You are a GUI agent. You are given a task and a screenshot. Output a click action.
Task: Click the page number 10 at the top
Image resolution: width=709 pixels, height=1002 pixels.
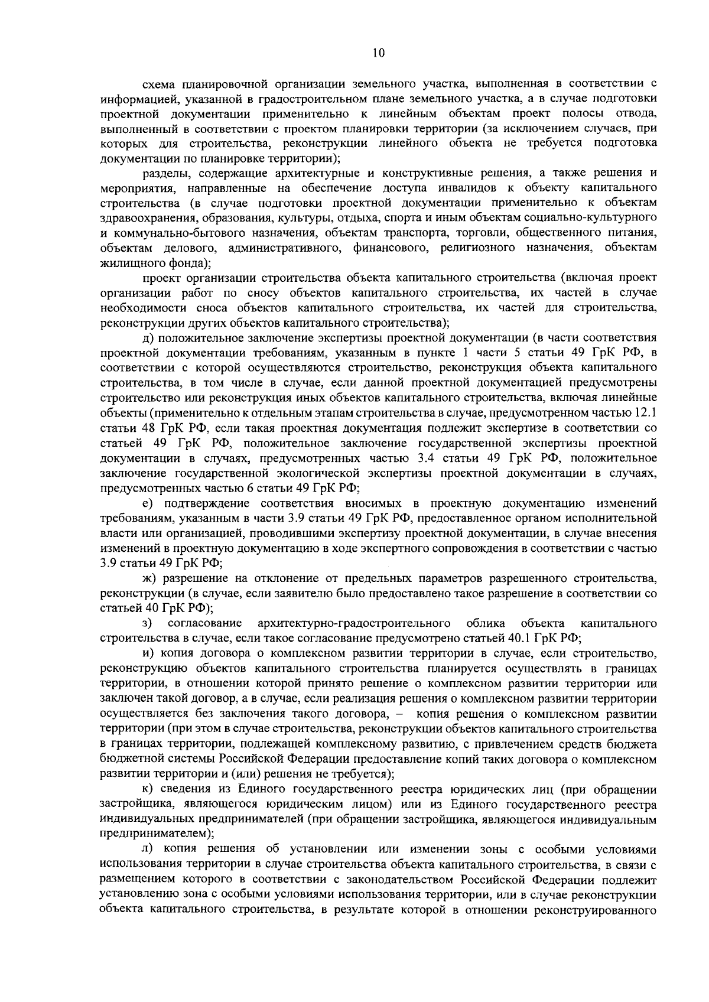379,53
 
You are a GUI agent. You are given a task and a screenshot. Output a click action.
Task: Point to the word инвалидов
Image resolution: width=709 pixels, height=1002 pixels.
438,188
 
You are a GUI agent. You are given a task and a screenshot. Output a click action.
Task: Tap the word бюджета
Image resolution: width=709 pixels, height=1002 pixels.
635,743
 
